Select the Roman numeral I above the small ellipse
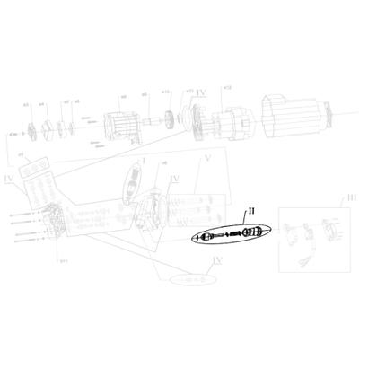tap(144, 162)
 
